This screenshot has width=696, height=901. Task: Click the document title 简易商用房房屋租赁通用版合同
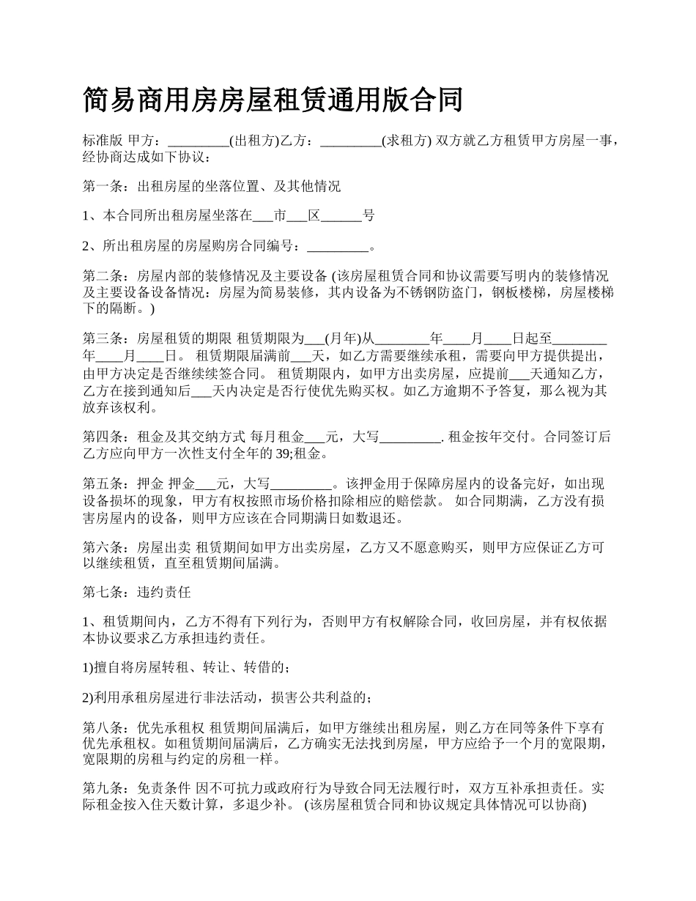coord(273,100)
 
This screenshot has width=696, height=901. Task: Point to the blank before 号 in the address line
coord(341,216)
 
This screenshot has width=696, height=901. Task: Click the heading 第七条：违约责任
coord(137,593)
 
